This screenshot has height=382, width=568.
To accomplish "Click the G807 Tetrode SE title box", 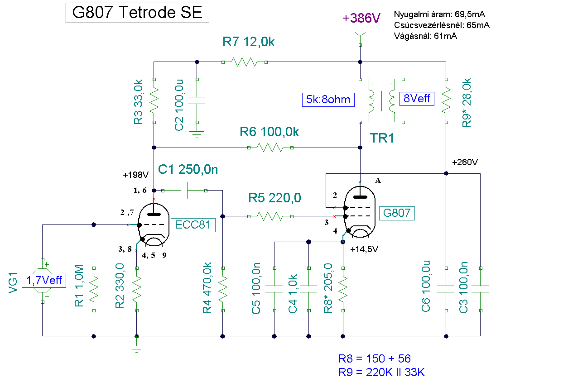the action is tap(137, 13).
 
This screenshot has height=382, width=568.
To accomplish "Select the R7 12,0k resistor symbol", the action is tap(245, 62).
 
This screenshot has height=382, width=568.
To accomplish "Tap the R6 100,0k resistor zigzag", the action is tap(270, 148).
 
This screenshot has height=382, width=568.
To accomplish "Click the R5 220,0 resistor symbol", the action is tap(270, 216).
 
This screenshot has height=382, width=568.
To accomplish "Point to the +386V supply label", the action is tap(361, 18).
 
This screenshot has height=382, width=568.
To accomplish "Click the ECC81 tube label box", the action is tap(193, 225).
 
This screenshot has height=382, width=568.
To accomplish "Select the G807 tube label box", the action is tap(397, 213).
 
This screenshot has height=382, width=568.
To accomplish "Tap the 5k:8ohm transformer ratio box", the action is tap(328, 100).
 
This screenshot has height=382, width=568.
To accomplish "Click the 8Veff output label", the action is tap(417, 99).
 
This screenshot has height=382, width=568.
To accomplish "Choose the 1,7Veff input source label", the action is tap(44, 281).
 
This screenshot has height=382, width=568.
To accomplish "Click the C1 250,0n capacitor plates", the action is tap(184, 191).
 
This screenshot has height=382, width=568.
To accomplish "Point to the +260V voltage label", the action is tap(465, 162).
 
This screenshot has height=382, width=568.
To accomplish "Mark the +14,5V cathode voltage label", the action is tap(364, 249).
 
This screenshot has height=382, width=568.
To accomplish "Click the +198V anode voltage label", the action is tap(136, 175).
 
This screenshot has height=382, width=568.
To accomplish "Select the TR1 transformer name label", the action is tap(382, 138).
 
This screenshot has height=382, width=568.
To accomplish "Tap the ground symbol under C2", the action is tap(197, 134).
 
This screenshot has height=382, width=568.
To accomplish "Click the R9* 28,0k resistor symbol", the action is tap(446, 101).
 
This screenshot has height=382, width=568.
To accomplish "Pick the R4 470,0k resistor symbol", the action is tap(223, 289).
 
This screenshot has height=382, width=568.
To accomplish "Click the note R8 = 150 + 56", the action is tap(375, 359).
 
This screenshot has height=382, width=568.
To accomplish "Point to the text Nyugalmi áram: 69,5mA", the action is tap(439, 14).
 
